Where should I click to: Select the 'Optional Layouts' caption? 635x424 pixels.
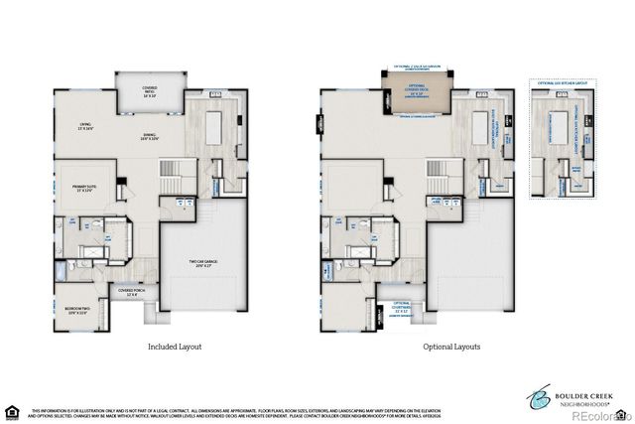click(x=452, y=347)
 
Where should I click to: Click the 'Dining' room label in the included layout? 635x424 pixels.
click(x=150, y=137)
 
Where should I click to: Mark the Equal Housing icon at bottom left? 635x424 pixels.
click(x=13, y=411)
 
